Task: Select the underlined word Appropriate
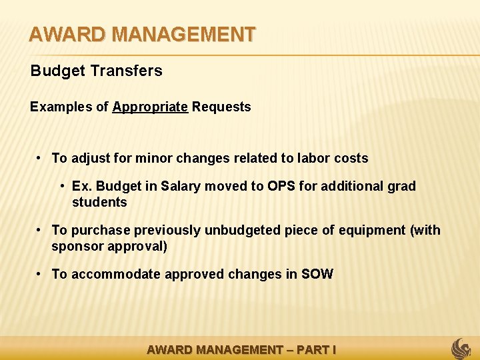[x=150, y=107]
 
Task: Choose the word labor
[x=313, y=159]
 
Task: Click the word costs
[x=350, y=159]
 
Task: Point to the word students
[x=99, y=202]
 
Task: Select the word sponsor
[x=75, y=246]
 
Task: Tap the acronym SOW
[x=317, y=275]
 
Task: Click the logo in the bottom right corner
[x=461, y=348]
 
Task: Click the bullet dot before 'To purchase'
[x=40, y=230]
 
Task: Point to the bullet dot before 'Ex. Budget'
[x=61, y=186]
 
